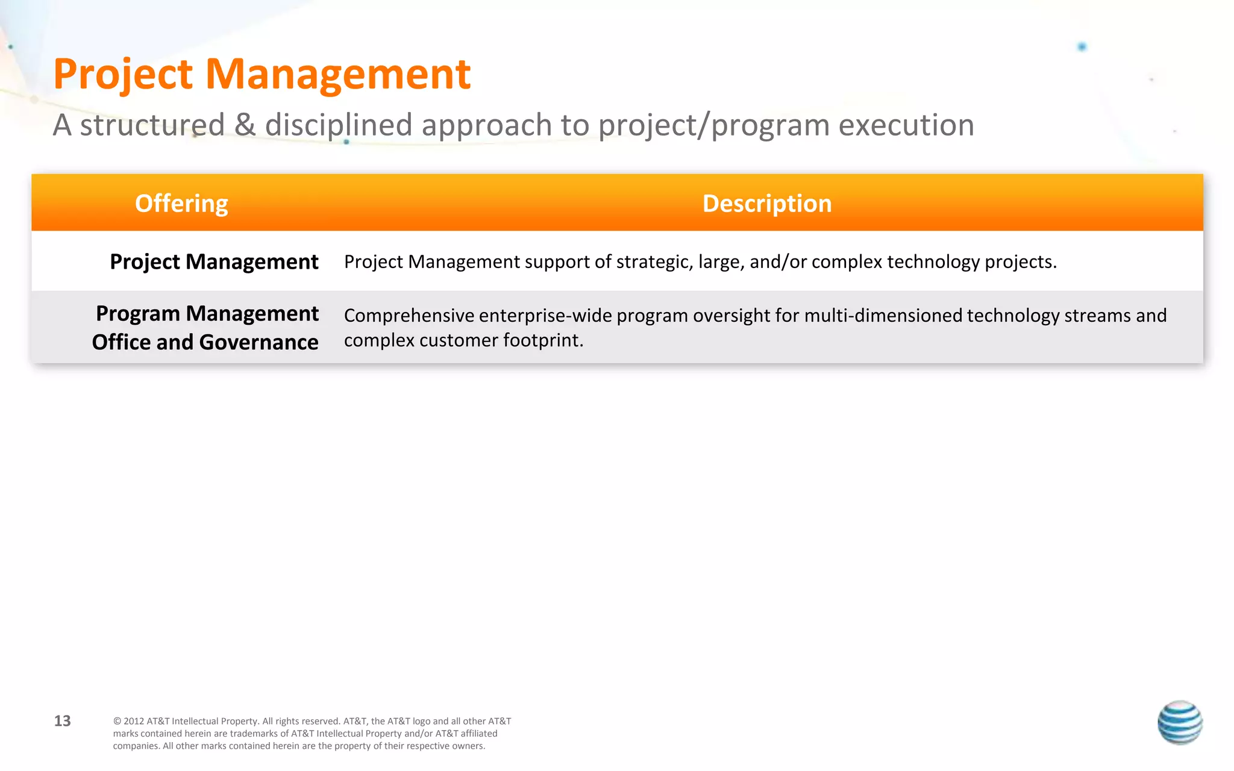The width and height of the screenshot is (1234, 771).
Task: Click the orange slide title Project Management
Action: coord(262,75)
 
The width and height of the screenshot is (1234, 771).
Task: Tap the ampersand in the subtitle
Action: coord(245,125)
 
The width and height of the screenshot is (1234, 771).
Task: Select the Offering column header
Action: coord(181,204)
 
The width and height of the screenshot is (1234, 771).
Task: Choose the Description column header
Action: coord(767,204)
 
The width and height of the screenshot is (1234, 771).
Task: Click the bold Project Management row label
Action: coord(214,262)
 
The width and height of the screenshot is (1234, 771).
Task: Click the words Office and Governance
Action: coord(205,342)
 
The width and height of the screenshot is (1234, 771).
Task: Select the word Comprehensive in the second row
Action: coord(409,316)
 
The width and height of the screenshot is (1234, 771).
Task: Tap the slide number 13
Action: coord(63,721)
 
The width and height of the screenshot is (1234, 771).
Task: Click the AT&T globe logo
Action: coord(1180,722)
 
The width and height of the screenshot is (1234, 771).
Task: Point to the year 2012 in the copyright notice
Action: coord(134,722)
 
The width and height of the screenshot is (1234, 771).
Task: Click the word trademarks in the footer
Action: coord(254,734)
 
